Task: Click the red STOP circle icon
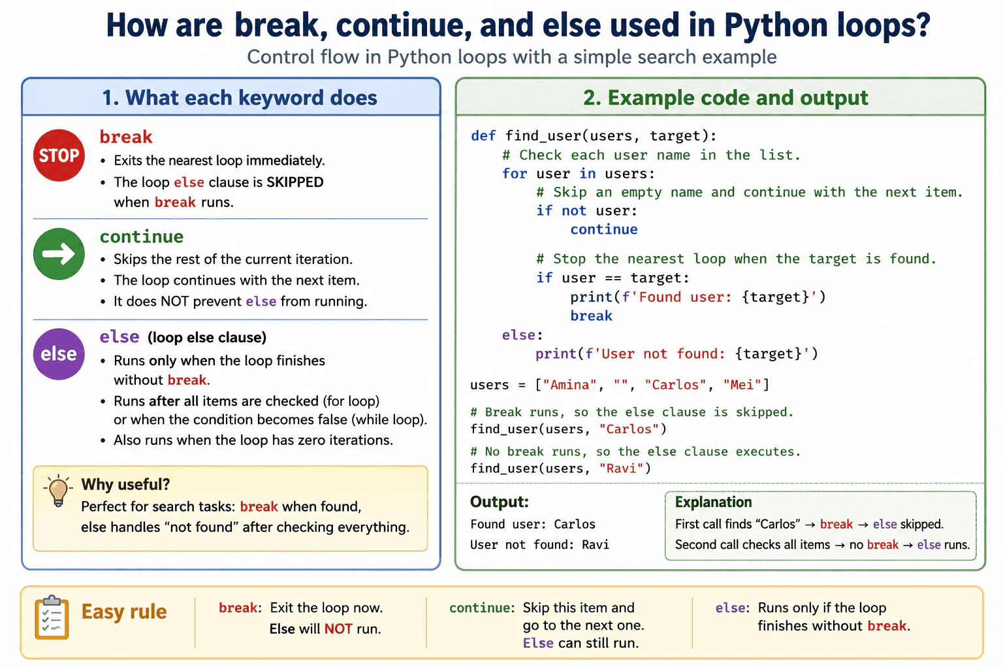pos(59,155)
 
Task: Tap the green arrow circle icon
pos(59,254)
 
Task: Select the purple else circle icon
pos(59,354)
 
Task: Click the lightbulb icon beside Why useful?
pos(58,491)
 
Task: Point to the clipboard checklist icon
pos(52,617)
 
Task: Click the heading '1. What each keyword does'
pos(240,98)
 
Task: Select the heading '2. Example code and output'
pos(725,98)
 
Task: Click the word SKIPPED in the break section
pos(295,182)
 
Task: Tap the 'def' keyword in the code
pos(483,135)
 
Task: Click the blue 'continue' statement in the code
pos(603,229)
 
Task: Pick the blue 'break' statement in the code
pos(591,316)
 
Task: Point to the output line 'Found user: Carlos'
pos(533,524)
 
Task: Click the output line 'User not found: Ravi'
pos(539,545)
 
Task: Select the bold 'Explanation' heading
pos(713,502)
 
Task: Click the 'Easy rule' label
pos(124,612)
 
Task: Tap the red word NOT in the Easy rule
pos(338,629)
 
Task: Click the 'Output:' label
pos(500,502)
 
